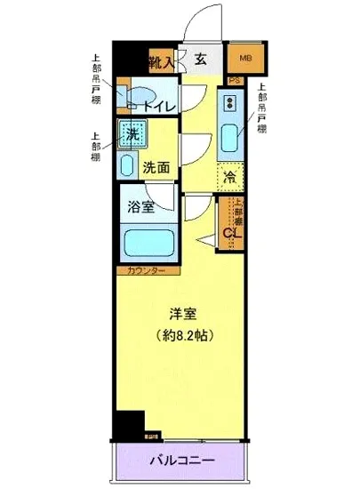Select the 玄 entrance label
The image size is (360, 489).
click(201, 60)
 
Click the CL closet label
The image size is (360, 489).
click(228, 234)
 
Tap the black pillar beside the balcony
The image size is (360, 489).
click(131, 424)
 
